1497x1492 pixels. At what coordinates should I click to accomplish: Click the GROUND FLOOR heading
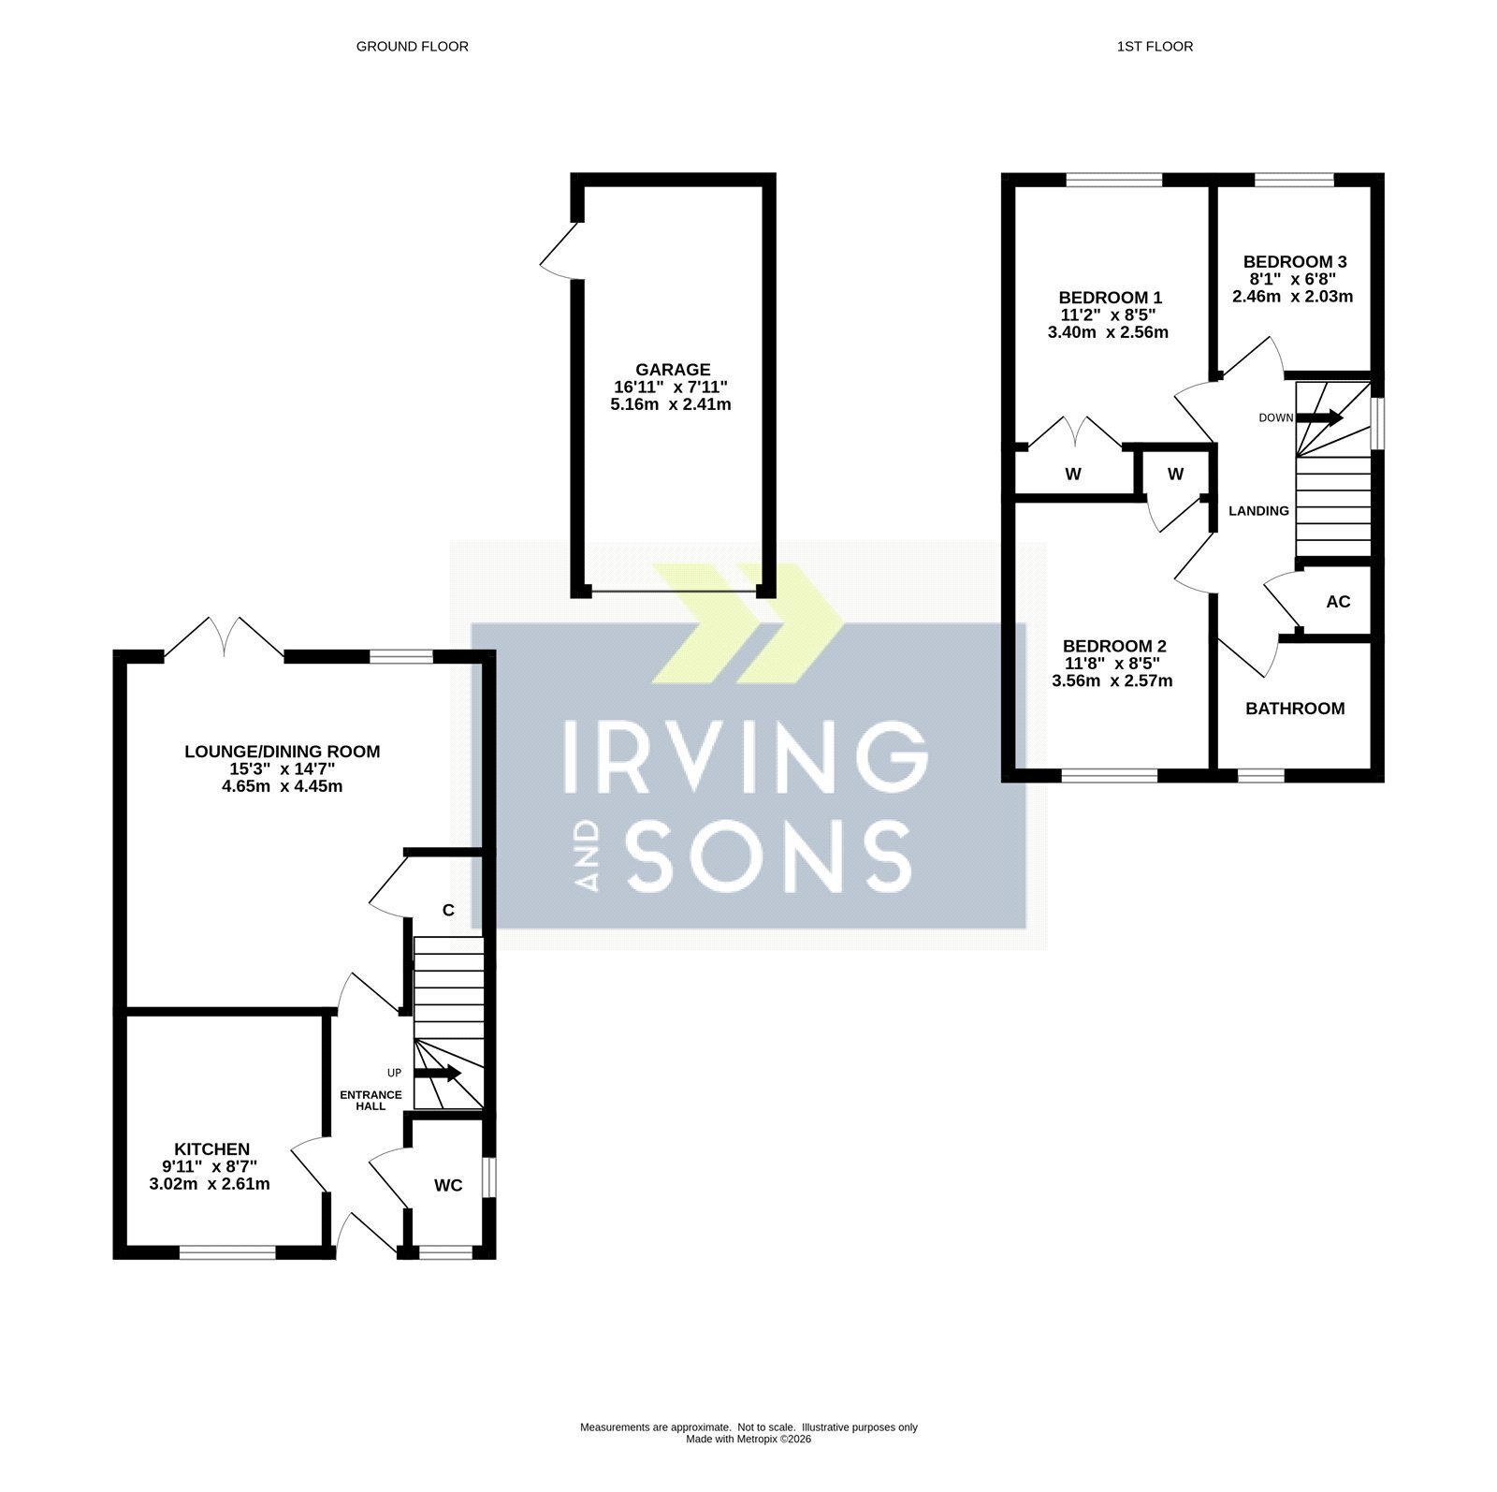[412, 46]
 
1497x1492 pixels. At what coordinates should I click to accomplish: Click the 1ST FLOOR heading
[1155, 46]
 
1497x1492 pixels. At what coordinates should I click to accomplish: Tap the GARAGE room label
[673, 370]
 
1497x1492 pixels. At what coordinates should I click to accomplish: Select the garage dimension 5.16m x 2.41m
[670, 405]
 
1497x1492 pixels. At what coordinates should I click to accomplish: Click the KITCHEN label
[212, 1149]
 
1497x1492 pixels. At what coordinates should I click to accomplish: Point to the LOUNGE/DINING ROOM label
[283, 751]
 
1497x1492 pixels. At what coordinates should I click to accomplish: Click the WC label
[448, 1186]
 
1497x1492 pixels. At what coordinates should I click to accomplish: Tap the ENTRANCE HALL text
[371, 1100]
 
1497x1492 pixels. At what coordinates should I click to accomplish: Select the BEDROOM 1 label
[1111, 298]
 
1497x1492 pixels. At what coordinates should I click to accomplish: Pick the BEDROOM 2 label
[1114, 646]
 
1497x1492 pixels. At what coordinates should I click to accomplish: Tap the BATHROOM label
[1295, 709]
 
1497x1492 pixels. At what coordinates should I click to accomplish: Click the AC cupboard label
[1339, 602]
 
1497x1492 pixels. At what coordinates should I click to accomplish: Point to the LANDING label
[1258, 511]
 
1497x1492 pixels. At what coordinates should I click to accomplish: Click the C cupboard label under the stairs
[448, 910]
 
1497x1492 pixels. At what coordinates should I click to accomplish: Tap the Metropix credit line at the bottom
[748, 1440]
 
